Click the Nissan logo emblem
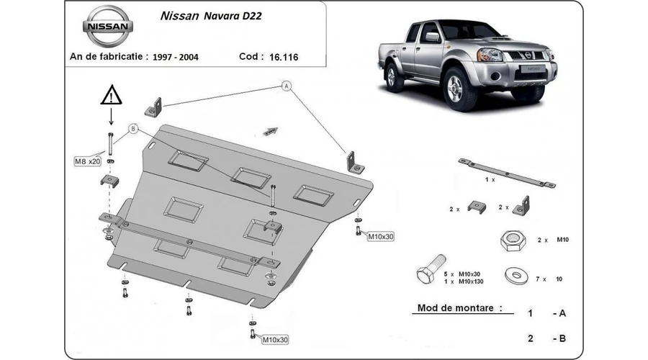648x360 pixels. click(108, 27)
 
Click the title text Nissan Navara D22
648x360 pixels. click(211, 16)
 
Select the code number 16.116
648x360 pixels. click(284, 57)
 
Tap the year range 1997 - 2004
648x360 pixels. click(175, 57)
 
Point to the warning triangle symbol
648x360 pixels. click(111, 95)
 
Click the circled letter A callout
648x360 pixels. click(287, 86)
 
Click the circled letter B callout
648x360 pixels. click(133, 129)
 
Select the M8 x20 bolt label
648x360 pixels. click(88, 161)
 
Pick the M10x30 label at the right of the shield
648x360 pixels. click(381, 236)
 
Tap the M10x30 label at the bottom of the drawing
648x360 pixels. click(275, 339)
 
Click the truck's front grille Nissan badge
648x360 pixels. click(528, 55)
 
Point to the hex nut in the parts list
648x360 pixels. click(513, 240)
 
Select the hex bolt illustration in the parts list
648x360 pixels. click(431, 269)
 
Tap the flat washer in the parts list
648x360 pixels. click(516, 276)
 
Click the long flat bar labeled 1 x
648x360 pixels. click(507, 173)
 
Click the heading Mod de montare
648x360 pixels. click(459, 308)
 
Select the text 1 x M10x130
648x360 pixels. click(463, 282)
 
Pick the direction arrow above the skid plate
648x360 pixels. click(271, 131)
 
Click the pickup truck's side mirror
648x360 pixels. click(432, 37)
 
